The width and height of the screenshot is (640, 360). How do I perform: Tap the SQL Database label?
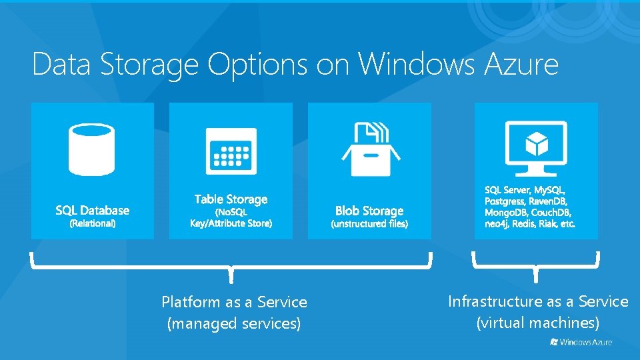92,211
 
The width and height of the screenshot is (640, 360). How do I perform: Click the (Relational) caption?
92,223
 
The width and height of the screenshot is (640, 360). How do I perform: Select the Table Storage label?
231,199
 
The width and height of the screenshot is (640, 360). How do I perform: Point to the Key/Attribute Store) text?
231,223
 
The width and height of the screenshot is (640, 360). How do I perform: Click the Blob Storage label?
369,211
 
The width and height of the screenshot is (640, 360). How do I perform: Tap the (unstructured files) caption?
369,224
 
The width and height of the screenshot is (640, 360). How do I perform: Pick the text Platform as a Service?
234,302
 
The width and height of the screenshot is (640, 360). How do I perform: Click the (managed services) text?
234,324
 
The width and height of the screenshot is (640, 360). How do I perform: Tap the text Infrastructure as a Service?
537,301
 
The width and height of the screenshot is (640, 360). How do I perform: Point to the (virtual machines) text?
537,323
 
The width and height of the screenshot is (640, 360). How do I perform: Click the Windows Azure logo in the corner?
581,342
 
